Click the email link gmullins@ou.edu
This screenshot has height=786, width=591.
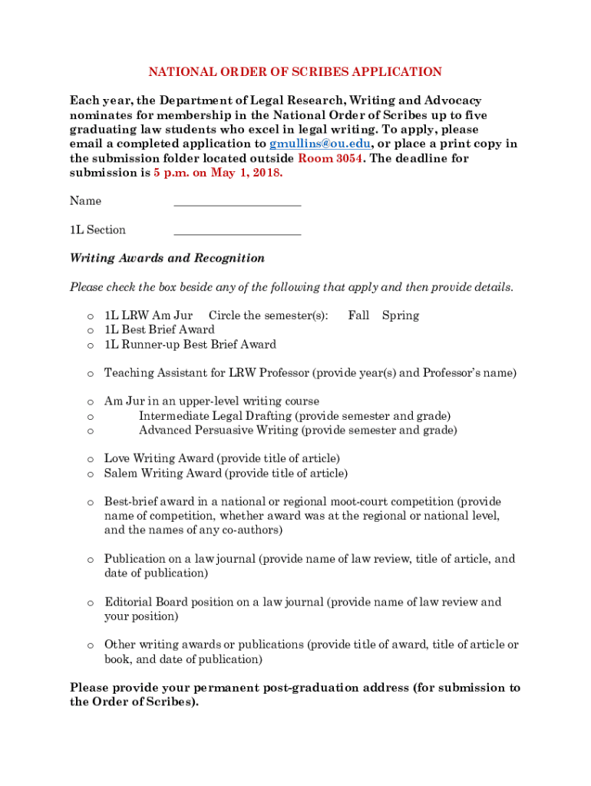(x=320, y=144)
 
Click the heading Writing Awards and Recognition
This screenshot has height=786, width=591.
(x=167, y=258)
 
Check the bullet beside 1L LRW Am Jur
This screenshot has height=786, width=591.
(x=90, y=316)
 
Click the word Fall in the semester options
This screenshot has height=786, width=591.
(x=358, y=315)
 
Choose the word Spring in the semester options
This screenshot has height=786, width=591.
(x=401, y=315)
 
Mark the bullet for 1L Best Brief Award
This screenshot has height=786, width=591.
(x=90, y=331)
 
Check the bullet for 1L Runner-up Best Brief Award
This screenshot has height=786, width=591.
(x=90, y=345)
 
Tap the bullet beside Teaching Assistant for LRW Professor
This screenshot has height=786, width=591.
(x=90, y=374)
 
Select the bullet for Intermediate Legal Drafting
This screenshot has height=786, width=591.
(x=90, y=417)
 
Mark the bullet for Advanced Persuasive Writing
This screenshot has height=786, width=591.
(x=90, y=431)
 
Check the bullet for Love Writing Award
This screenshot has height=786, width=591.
(x=90, y=460)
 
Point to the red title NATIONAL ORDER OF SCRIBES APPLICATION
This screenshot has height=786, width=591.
(x=295, y=72)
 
